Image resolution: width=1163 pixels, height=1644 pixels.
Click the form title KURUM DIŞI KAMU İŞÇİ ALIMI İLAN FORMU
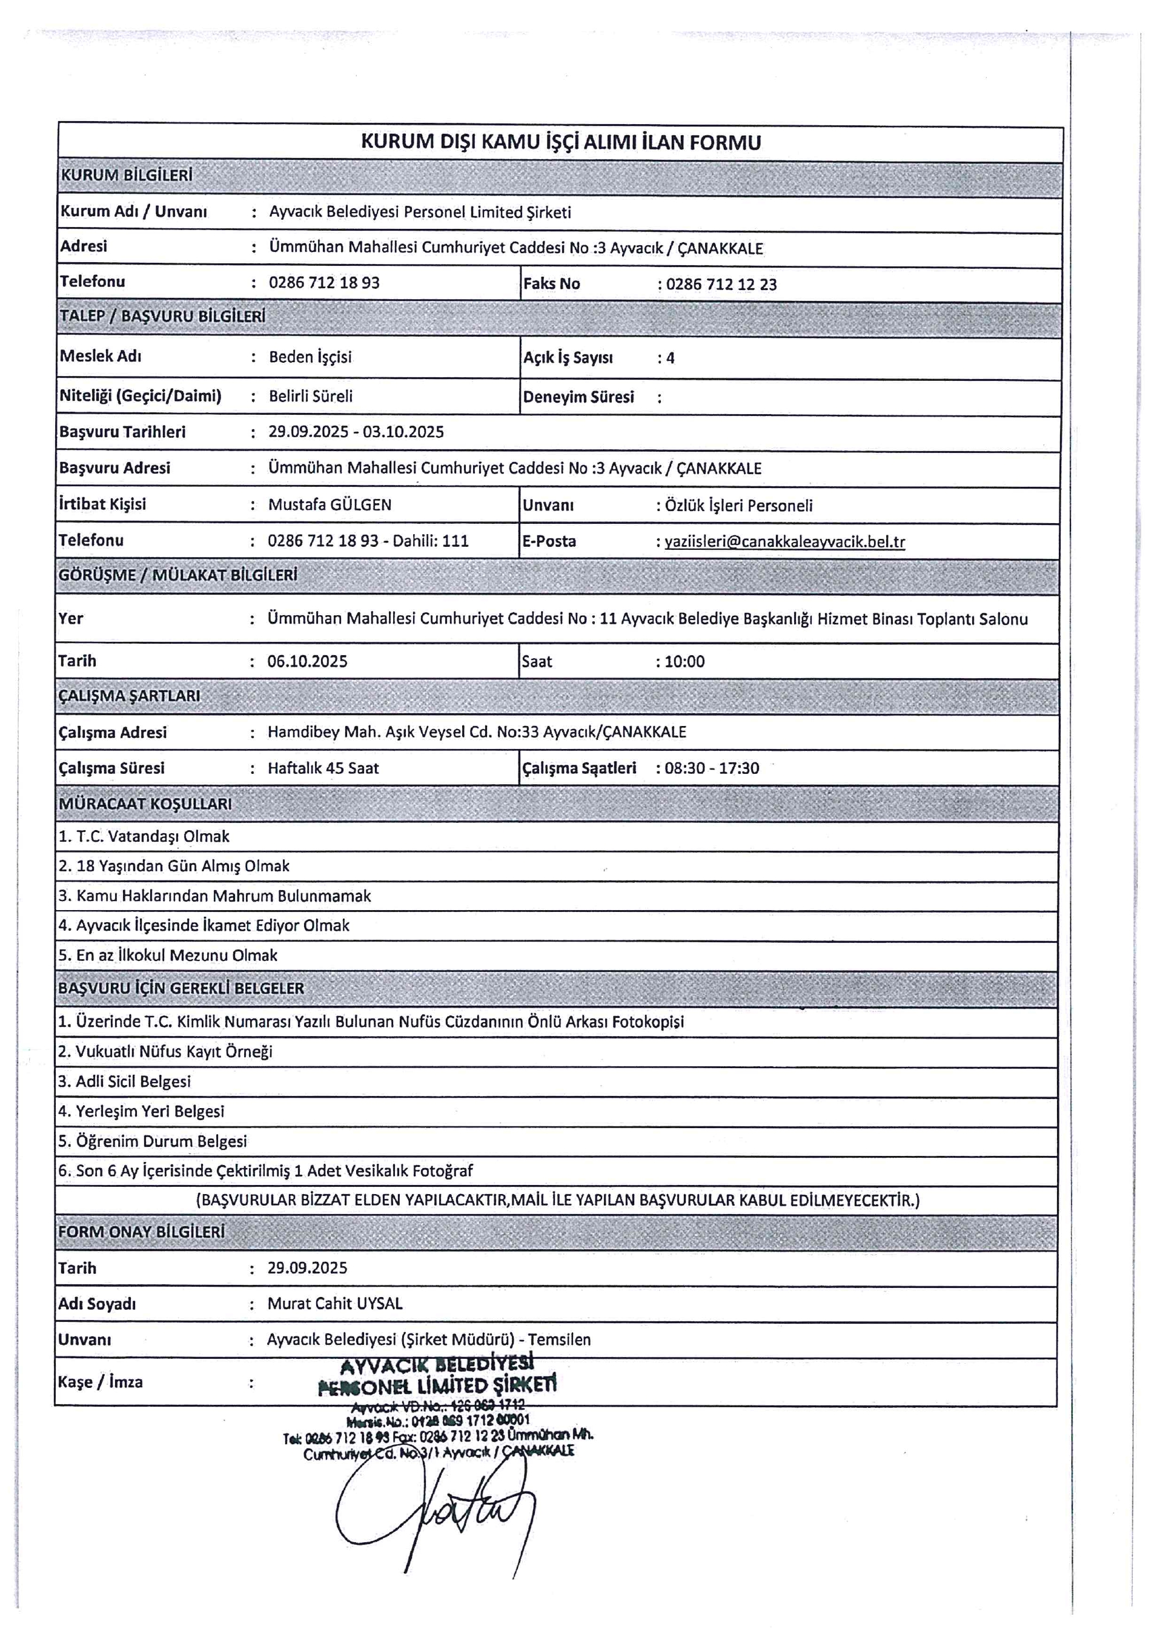(560, 142)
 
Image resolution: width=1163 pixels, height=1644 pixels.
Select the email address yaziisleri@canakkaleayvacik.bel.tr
(784, 541)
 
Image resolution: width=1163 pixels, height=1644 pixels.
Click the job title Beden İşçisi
(310, 357)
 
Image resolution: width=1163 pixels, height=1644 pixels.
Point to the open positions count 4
(671, 358)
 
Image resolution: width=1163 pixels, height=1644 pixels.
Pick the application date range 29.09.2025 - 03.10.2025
(356, 432)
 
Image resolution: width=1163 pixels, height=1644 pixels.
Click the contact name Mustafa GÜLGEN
(330, 504)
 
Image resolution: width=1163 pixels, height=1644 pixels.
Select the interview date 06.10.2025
(307, 661)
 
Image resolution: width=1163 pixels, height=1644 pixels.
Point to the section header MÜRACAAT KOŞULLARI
(145, 804)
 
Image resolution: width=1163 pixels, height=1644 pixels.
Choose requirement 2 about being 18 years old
(174, 867)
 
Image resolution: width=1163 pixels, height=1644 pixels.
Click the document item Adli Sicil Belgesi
(125, 1081)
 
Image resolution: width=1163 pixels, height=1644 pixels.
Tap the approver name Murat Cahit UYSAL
(334, 1303)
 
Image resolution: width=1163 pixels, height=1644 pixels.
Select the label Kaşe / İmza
(101, 1382)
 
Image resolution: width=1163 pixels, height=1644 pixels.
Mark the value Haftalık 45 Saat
(323, 768)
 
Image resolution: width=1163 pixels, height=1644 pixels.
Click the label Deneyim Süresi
(578, 397)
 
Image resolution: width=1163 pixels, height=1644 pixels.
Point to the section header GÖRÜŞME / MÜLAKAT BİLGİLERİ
(177, 575)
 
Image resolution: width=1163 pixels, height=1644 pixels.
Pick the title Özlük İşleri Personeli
(738, 506)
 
